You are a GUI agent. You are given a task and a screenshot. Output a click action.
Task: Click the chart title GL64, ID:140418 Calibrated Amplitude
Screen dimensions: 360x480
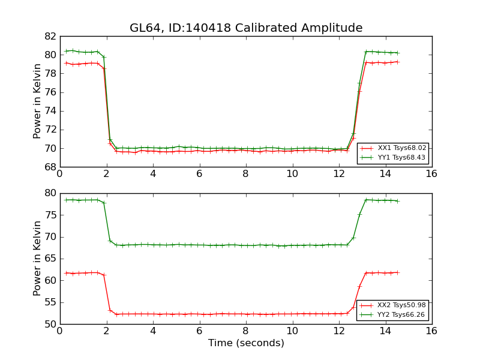click(x=246, y=28)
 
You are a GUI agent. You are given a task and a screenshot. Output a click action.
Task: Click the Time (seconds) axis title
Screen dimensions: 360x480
click(x=246, y=343)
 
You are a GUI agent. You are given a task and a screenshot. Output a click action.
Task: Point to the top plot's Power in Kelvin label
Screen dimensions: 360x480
click(x=38, y=101)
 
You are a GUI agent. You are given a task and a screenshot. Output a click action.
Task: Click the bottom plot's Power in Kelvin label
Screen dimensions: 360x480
click(x=38, y=258)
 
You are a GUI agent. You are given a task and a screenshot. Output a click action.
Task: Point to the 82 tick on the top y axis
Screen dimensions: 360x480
click(x=50, y=36)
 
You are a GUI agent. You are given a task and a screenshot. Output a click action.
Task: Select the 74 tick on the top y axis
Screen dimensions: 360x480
click(x=50, y=111)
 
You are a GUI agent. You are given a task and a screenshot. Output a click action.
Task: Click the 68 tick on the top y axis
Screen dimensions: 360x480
click(x=50, y=167)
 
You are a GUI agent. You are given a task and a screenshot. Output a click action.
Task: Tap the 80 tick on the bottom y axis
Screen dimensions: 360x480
click(x=50, y=193)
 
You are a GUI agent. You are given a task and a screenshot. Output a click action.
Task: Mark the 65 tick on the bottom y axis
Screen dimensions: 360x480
click(x=50, y=259)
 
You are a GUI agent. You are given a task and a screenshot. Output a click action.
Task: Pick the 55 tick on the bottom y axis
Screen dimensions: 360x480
click(x=50, y=302)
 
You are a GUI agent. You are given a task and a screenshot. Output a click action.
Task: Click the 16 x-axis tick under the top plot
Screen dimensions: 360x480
click(x=431, y=174)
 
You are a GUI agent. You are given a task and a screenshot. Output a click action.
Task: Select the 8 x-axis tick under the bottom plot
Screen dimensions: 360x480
click(x=245, y=331)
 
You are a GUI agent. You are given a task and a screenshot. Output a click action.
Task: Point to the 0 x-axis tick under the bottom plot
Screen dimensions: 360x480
click(x=59, y=331)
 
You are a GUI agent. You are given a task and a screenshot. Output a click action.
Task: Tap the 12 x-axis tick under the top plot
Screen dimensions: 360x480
click(x=338, y=174)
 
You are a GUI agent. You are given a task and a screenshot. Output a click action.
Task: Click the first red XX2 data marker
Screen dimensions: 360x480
click(x=66, y=273)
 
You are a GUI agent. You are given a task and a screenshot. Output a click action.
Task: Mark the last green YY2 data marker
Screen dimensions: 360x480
click(x=397, y=201)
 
